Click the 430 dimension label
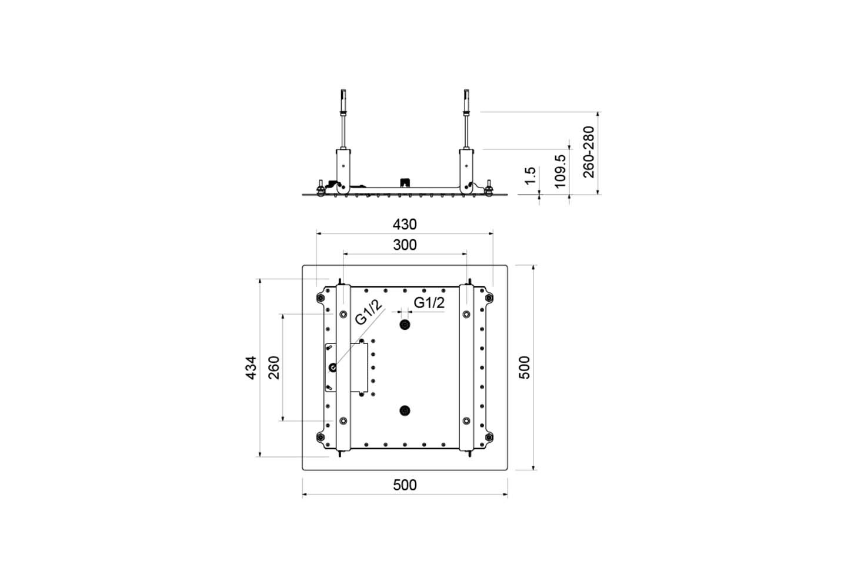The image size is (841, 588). point(405,224)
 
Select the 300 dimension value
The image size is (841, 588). point(405,245)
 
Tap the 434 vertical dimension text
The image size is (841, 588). point(251,367)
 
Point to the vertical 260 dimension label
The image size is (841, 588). point(274,367)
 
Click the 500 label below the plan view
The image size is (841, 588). point(405,485)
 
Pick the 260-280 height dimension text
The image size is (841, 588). point(589,152)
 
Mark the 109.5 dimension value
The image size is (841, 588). point(560,171)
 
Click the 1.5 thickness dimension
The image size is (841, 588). point(530,176)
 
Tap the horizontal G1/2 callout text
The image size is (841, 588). point(429,302)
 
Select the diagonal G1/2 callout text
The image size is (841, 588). point(368,312)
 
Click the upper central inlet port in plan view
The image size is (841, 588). point(405,325)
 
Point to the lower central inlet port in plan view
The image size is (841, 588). point(405,411)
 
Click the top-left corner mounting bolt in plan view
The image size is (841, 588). point(321,298)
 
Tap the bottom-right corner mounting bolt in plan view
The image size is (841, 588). point(489,437)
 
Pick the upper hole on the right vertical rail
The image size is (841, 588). point(466,314)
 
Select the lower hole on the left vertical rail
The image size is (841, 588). point(343,421)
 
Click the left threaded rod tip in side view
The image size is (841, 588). point(343,91)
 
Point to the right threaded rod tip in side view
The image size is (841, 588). point(466,91)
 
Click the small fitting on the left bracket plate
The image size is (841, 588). point(333,367)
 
